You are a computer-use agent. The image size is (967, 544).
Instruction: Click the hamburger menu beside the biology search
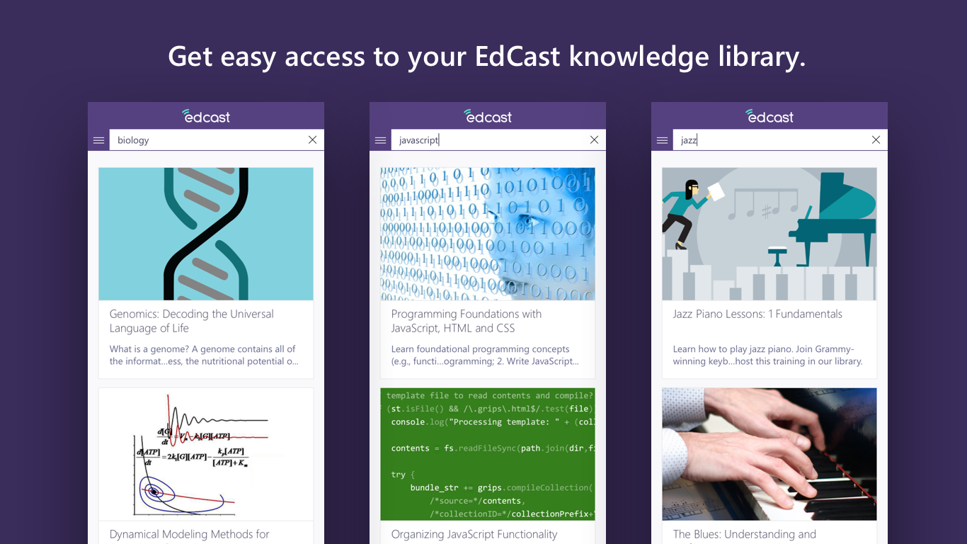[98, 140]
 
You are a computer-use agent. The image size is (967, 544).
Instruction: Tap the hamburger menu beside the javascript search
[380, 140]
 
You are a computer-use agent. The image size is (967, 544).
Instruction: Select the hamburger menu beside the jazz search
[662, 140]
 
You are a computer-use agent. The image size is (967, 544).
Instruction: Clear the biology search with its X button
[312, 140]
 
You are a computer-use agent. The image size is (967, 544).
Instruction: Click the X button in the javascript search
[594, 140]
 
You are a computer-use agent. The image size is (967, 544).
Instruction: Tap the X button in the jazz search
[876, 140]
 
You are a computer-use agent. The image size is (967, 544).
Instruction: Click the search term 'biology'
[133, 140]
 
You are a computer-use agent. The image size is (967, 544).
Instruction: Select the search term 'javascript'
[418, 140]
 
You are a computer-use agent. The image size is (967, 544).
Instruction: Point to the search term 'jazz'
[688, 140]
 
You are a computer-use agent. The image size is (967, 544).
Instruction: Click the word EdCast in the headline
[519, 57]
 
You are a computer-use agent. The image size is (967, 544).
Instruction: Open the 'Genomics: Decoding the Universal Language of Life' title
[191, 321]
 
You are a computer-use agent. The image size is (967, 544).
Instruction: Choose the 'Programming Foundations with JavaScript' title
[466, 321]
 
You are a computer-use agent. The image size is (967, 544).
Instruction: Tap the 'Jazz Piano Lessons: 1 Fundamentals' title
[757, 314]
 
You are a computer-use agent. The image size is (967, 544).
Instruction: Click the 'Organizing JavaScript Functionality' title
[474, 534]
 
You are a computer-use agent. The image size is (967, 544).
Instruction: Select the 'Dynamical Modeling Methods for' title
[189, 534]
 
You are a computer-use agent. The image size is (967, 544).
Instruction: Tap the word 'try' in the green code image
[398, 475]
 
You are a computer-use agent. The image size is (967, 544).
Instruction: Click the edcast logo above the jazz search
[769, 116]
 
